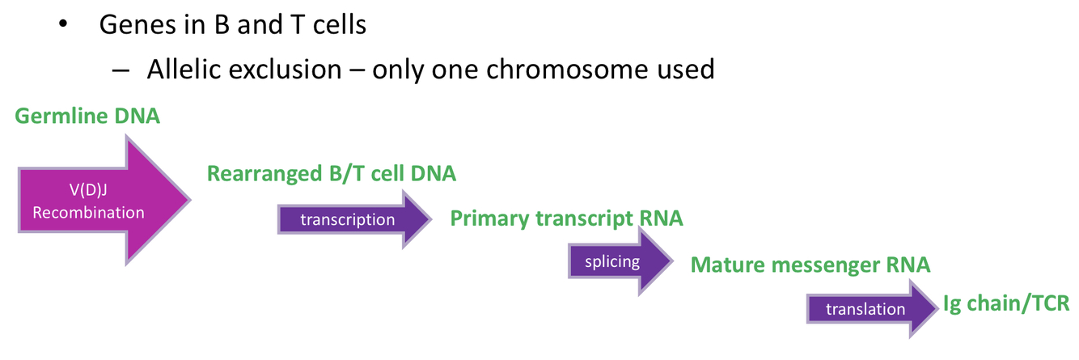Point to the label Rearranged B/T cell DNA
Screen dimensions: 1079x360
[332, 173]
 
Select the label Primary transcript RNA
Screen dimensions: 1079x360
[566, 218]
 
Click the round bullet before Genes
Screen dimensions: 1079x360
[64, 25]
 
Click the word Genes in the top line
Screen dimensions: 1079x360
[137, 25]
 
